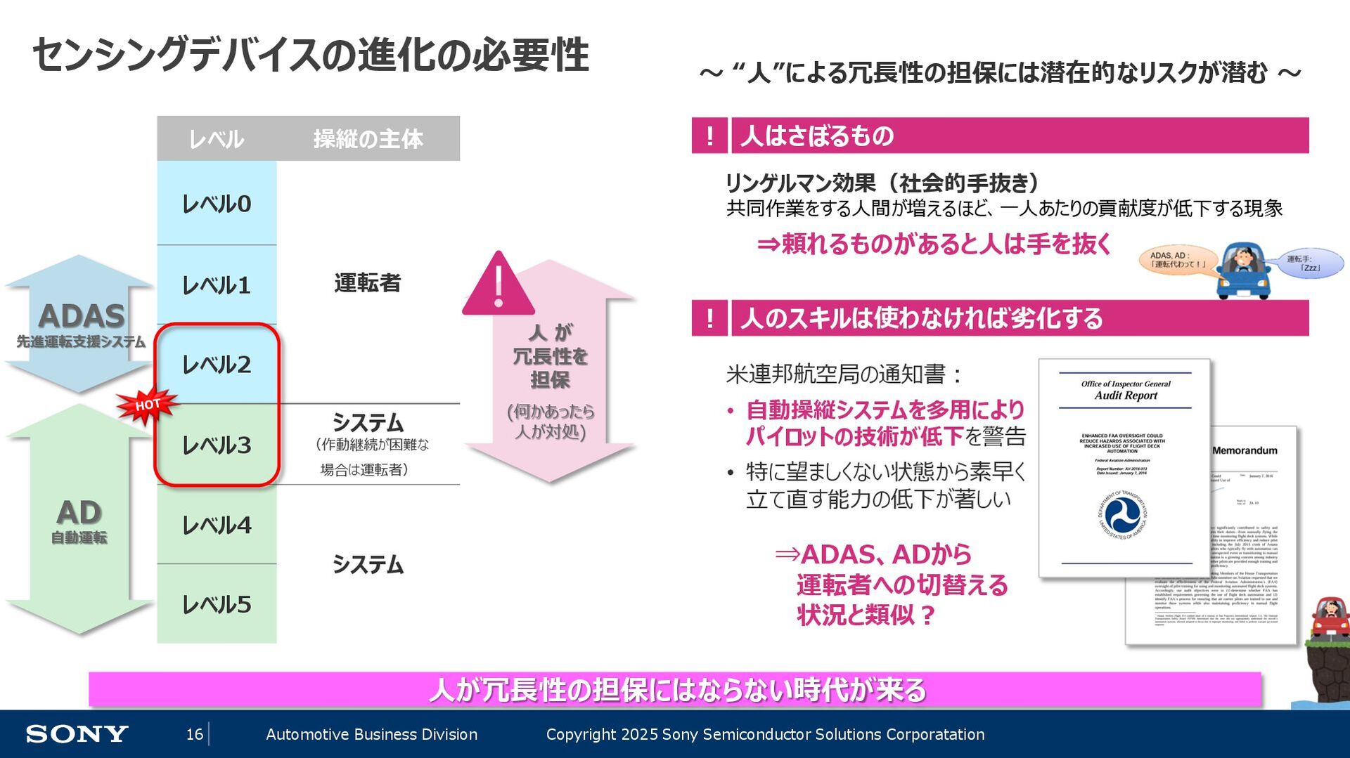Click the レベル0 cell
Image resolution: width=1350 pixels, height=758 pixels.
point(217,204)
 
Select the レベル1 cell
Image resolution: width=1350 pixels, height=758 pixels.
point(217,285)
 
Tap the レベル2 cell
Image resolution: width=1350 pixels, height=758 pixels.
point(217,365)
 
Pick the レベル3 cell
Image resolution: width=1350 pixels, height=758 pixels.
point(217,445)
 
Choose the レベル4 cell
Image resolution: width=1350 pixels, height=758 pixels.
point(217,525)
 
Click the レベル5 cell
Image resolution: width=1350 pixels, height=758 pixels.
point(217,604)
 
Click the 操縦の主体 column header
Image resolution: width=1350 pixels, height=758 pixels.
point(368,139)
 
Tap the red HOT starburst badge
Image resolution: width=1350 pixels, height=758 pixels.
point(148,405)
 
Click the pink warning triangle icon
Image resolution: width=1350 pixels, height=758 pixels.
point(498,285)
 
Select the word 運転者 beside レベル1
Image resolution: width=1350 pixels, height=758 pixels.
point(367,283)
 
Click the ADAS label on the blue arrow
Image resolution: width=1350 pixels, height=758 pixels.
point(82,316)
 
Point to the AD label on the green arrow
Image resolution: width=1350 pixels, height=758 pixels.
point(79,513)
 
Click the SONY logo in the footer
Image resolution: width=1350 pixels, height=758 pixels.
point(77,734)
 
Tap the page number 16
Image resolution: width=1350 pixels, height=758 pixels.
point(194,734)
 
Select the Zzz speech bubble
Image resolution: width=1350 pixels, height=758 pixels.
point(1309,263)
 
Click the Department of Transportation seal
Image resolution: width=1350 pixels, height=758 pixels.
point(1122,515)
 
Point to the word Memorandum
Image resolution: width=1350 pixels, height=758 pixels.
point(1245,450)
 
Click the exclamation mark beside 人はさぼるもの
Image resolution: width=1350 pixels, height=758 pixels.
point(709,136)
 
